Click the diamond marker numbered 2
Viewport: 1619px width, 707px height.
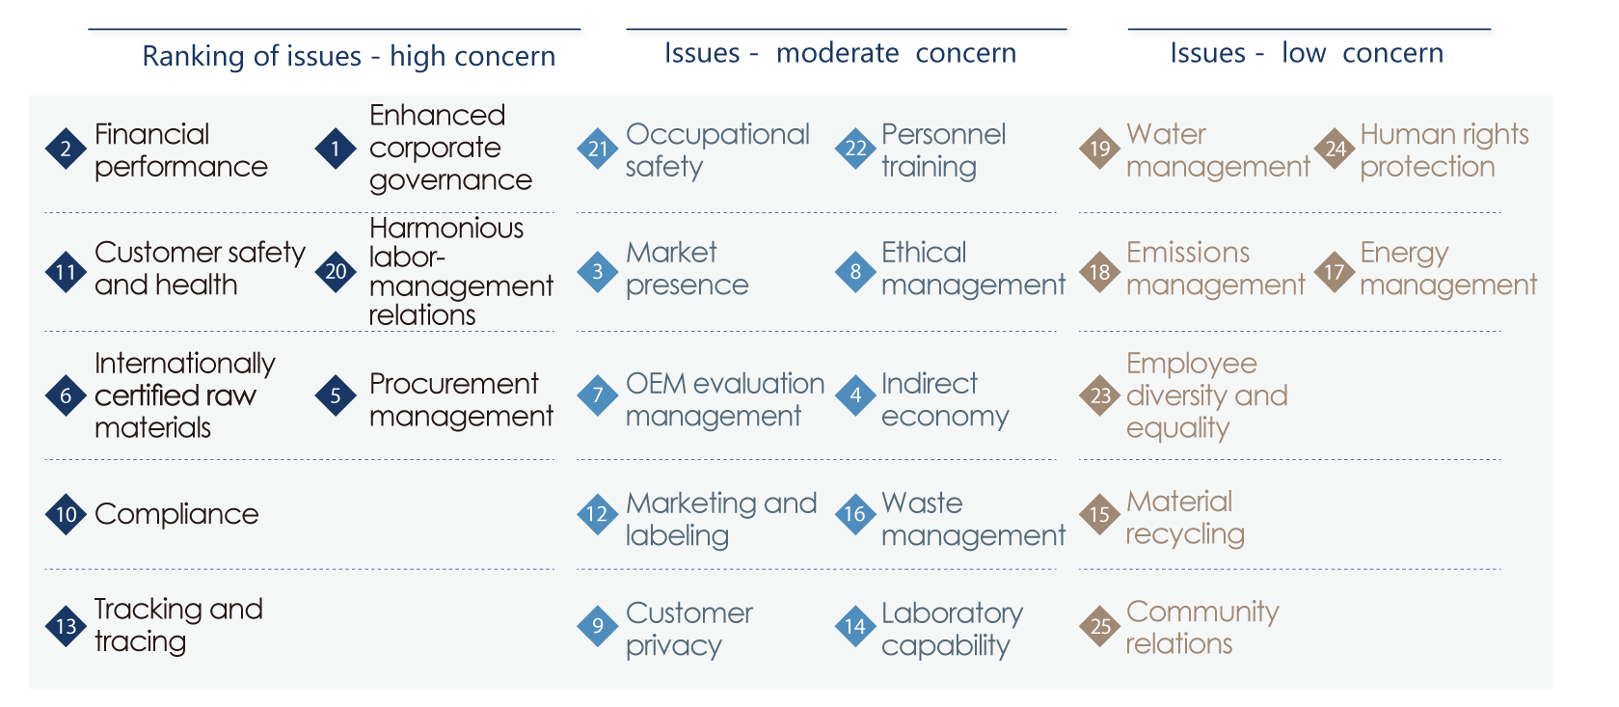[66, 149]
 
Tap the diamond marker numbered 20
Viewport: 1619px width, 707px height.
[336, 272]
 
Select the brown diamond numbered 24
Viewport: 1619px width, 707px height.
[1335, 149]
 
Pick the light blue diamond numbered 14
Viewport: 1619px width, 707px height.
[855, 626]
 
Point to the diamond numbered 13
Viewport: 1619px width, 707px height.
[66, 626]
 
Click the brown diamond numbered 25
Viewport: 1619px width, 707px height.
[1099, 626]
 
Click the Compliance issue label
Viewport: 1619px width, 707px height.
[176, 514]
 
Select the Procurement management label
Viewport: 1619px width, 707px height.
[461, 399]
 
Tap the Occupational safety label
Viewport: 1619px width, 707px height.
[717, 150]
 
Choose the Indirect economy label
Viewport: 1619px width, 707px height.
[945, 399]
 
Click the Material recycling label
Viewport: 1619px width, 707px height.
[1185, 518]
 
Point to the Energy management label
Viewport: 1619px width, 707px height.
[1448, 269]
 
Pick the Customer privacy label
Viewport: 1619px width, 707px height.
[689, 630]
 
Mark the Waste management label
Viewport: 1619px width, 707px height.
[974, 519]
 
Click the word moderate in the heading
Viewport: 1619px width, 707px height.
[838, 53]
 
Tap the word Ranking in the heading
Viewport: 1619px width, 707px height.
[194, 56]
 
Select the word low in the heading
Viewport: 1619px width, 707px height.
[1304, 53]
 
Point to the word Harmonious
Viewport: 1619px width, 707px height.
[446, 229]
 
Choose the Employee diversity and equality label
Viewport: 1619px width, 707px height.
[1207, 395]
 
